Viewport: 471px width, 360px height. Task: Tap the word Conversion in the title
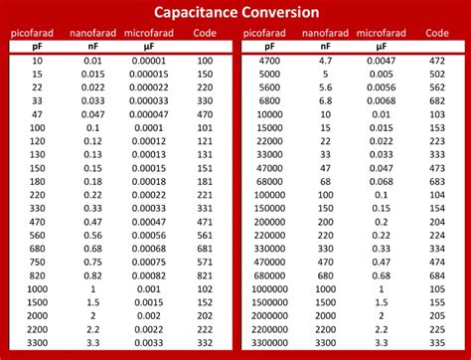click(283, 12)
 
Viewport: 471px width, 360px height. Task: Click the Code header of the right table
click(436, 33)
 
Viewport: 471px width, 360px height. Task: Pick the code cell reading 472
click(436, 61)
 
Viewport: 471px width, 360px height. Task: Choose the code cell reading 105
click(436, 288)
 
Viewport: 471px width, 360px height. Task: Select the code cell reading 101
click(205, 128)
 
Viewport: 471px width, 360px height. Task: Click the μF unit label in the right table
click(382, 46)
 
